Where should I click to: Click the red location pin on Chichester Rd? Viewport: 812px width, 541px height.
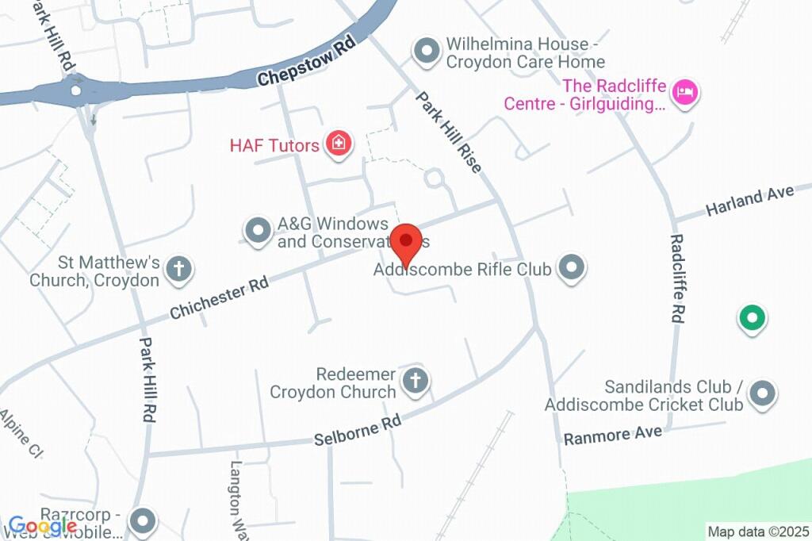click(x=408, y=241)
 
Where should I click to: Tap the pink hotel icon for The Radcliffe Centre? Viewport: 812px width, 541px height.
click(x=684, y=93)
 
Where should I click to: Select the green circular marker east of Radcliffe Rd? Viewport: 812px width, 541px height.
click(x=751, y=318)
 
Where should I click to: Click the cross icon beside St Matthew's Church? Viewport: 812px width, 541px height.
click(x=180, y=269)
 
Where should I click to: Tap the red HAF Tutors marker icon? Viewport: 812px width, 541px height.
click(x=339, y=144)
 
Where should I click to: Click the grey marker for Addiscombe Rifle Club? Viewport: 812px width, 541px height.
click(x=571, y=268)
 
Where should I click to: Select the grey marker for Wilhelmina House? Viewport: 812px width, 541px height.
click(x=427, y=52)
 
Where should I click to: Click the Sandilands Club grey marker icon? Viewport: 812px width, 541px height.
click(x=762, y=393)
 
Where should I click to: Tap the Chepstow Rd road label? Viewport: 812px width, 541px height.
click(x=306, y=61)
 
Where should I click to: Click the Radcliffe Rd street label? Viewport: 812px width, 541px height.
click(x=676, y=278)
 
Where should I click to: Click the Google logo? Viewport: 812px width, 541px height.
click(x=43, y=525)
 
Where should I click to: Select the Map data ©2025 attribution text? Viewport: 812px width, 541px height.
click(x=758, y=531)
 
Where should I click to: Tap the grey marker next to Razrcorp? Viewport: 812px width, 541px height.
click(x=144, y=521)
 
